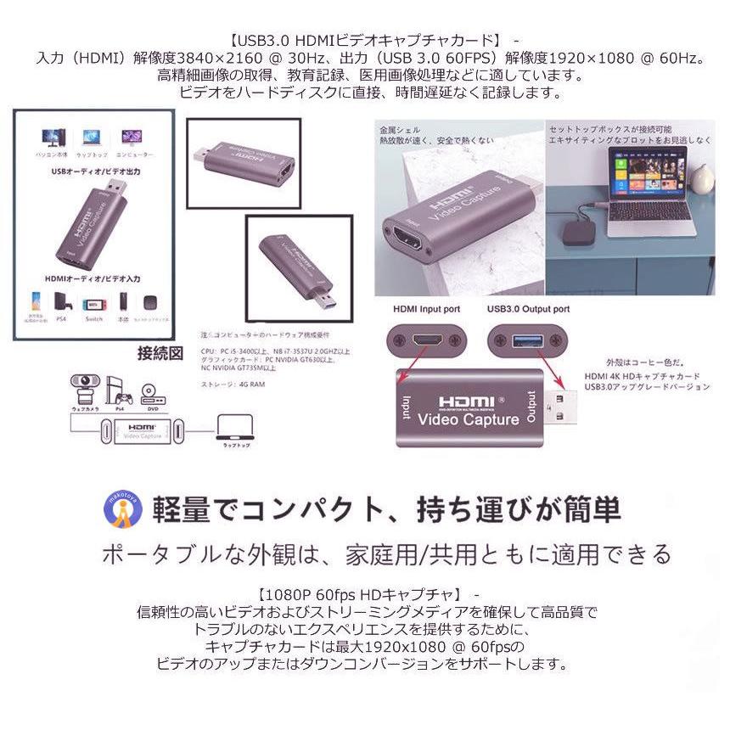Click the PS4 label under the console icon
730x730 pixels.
point(62,319)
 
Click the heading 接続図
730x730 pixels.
point(160,353)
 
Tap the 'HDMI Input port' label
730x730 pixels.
point(426,309)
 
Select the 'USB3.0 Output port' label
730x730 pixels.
point(529,309)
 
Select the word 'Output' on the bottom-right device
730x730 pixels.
point(531,407)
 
